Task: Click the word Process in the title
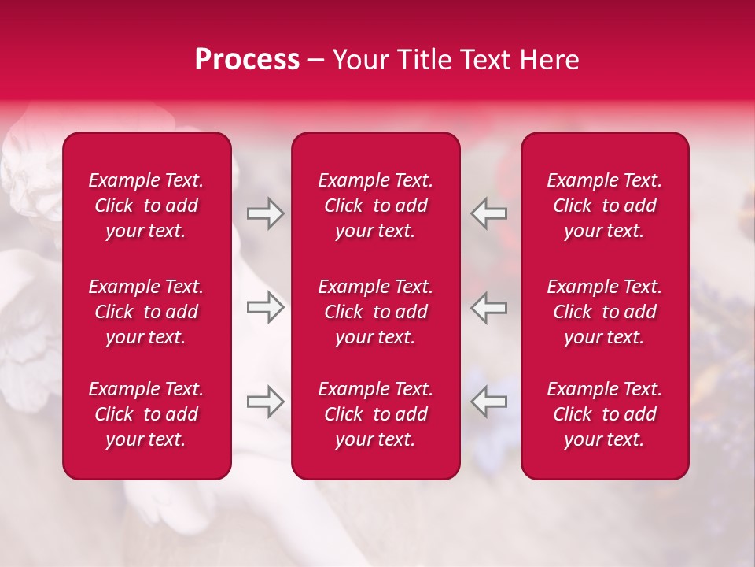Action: (247, 60)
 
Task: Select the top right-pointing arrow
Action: (265, 213)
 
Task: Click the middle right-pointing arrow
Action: (265, 307)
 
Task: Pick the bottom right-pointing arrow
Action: (265, 402)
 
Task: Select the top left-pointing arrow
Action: (488, 213)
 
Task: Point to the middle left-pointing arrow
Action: (488, 307)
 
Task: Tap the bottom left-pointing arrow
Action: (488, 402)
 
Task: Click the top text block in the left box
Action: (146, 206)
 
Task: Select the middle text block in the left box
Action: (146, 312)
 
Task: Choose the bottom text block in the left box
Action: (146, 414)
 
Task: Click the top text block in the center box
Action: (375, 206)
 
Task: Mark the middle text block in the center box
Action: (375, 312)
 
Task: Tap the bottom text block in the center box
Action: (375, 414)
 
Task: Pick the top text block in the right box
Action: (604, 206)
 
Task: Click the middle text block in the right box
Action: (604, 312)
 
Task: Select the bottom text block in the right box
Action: (604, 414)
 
